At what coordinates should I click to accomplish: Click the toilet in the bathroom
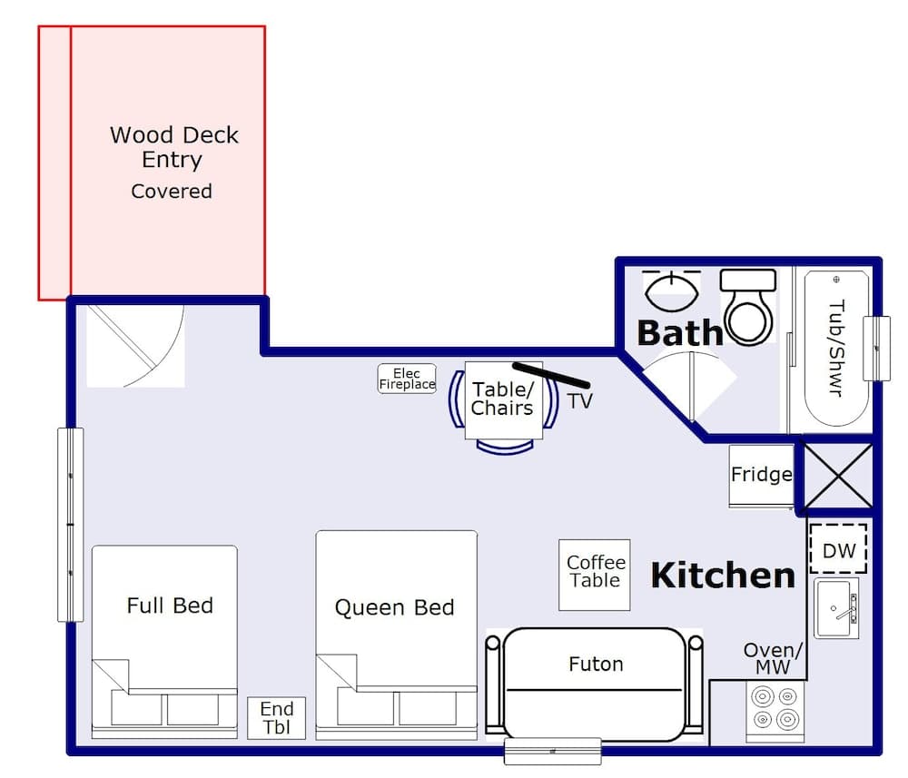pos(748,307)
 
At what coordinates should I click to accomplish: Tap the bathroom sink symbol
pos(671,290)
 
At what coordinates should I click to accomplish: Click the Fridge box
pos(761,475)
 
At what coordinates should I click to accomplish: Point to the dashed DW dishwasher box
pos(838,550)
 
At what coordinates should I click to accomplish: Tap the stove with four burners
pos(775,706)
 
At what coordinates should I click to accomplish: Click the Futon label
pos(596,665)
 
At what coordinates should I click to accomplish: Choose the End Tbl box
pos(277,717)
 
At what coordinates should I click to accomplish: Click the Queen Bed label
pos(394,607)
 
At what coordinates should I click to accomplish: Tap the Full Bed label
pos(170,606)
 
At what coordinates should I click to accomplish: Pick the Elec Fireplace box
pos(407,379)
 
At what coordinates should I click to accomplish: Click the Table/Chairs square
pos(501,399)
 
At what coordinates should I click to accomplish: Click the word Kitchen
pos(723,575)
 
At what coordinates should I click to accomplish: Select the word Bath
pos(679,333)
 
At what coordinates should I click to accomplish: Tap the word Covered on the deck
pos(171,192)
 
